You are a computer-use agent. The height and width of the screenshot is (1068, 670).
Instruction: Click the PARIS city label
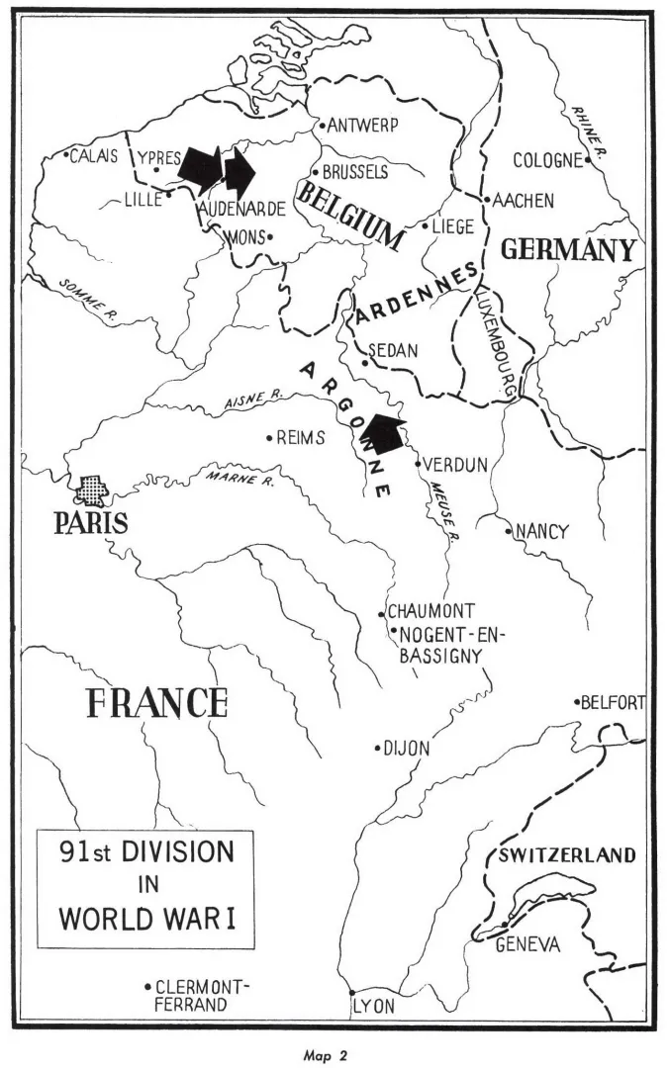tap(91, 521)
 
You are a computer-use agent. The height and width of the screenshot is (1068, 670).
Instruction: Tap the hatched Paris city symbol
tap(90, 489)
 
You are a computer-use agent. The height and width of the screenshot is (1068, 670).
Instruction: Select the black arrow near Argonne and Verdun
tap(381, 433)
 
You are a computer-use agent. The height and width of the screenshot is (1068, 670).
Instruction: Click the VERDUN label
tap(455, 464)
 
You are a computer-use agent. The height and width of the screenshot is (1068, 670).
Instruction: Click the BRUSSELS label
tap(354, 171)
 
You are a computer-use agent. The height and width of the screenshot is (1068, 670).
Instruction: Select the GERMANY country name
tap(567, 249)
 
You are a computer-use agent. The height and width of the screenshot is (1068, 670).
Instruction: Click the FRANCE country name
tap(157, 702)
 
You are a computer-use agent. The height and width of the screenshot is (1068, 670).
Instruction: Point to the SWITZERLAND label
tap(567, 855)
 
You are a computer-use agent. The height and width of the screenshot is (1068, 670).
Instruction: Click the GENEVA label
tap(527, 945)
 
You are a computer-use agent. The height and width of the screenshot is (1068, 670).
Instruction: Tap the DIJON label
tap(407, 749)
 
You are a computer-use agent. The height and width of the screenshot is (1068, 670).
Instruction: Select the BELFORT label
tap(613, 703)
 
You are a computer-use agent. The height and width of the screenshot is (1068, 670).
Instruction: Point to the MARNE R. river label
tap(240, 481)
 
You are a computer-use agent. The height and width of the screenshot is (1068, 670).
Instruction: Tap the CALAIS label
tap(94, 156)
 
